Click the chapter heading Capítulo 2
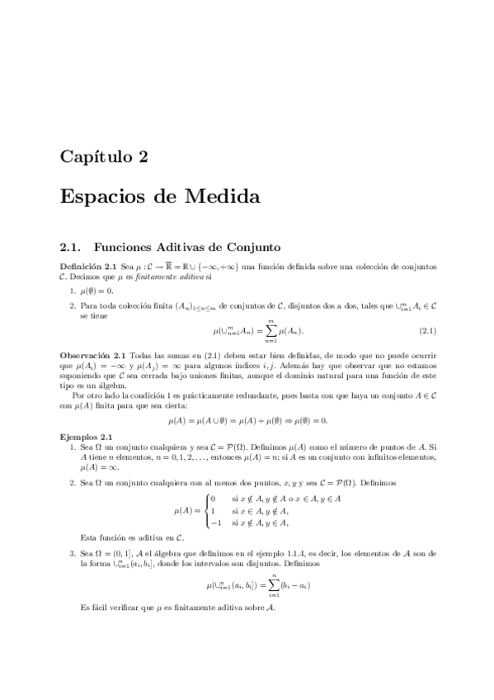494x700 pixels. click(x=103, y=158)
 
